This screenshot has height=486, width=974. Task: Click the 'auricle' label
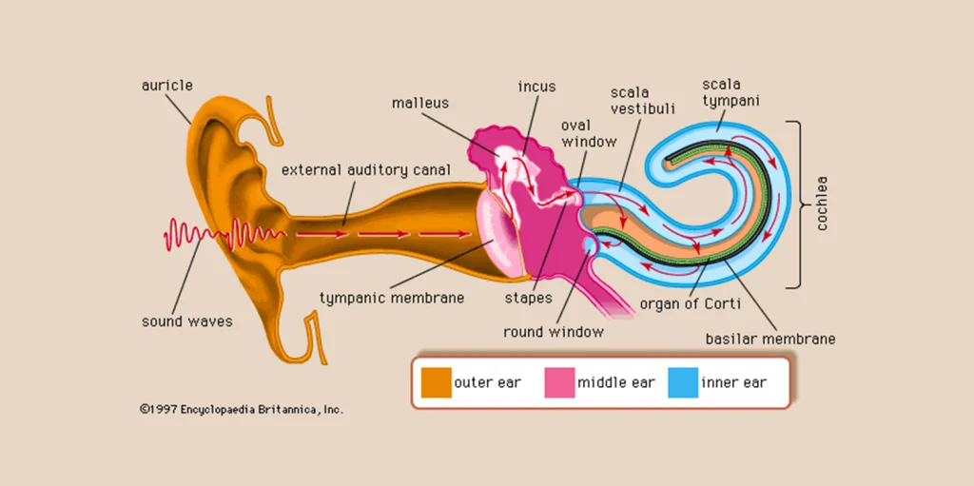pyautogui.click(x=167, y=86)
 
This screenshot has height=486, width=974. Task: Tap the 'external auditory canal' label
pyautogui.click(x=365, y=170)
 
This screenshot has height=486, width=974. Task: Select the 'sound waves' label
pyautogui.click(x=187, y=321)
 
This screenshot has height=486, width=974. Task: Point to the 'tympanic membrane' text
pyautogui.click(x=392, y=298)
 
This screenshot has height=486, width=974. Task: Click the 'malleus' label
pyautogui.click(x=419, y=103)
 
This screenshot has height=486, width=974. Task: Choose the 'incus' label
pyautogui.click(x=536, y=87)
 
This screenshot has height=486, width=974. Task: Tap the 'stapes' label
pyautogui.click(x=528, y=298)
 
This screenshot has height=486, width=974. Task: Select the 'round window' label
pyautogui.click(x=554, y=332)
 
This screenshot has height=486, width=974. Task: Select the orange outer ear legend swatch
pyautogui.click(x=436, y=382)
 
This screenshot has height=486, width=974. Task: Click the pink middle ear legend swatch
pyautogui.click(x=559, y=382)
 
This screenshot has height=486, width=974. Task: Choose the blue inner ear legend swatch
pyautogui.click(x=682, y=382)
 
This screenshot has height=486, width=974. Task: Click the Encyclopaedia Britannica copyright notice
pyautogui.click(x=242, y=409)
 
